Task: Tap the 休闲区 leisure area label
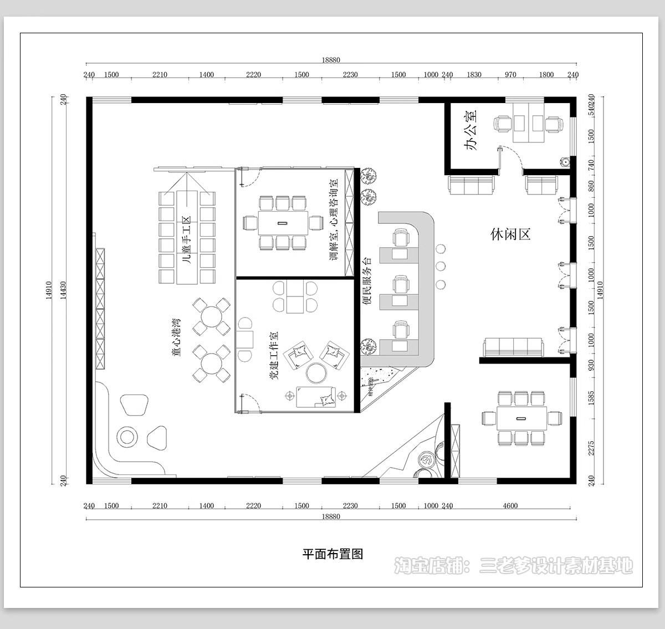(x=510, y=234)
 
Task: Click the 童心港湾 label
(x=176, y=336)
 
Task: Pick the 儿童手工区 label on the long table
(x=187, y=239)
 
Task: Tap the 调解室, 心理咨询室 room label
(x=334, y=220)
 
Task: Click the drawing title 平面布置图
(x=332, y=554)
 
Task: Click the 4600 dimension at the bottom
(x=510, y=505)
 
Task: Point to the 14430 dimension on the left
(x=63, y=290)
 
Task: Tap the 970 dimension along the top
(x=510, y=75)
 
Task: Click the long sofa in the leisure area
(x=514, y=347)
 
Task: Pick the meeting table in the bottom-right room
(x=521, y=418)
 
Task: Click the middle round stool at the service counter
(x=441, y=266)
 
